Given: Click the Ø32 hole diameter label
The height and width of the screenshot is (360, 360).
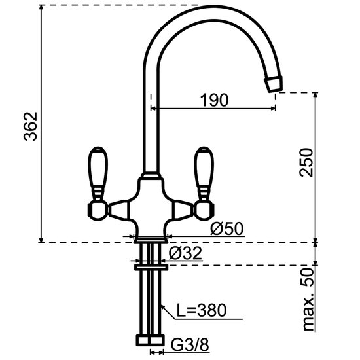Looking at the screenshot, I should point(185,254).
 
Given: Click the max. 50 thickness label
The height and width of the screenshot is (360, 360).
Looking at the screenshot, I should point(306,301).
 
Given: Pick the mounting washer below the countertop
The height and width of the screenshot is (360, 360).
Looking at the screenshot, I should point(150,265).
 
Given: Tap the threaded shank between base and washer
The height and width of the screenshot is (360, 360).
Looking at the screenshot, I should point(150,253).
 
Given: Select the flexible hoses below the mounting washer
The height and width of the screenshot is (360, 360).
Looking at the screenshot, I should point(150,301).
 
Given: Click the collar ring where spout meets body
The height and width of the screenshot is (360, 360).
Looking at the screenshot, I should point(150,176).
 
